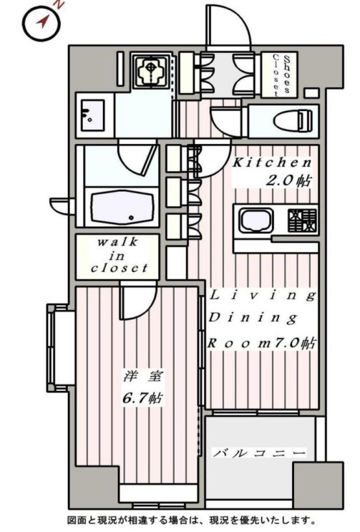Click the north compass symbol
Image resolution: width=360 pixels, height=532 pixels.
42,23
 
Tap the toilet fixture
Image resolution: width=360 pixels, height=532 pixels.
293,120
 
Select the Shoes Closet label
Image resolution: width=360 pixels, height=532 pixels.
282,74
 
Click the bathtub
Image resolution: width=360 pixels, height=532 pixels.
122,207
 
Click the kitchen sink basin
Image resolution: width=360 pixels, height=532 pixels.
256,221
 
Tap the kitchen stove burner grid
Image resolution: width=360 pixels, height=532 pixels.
302,221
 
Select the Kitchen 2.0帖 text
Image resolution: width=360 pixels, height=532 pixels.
272,172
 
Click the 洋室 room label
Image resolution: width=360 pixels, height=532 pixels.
143,376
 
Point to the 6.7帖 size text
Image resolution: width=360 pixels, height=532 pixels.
142,397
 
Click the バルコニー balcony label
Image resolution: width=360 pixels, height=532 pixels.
259,453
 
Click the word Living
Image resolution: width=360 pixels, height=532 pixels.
263,295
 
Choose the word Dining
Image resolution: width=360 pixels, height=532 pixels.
253,318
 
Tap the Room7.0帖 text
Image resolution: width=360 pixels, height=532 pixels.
262,343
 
